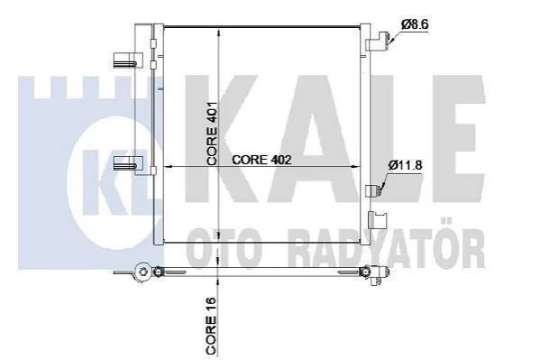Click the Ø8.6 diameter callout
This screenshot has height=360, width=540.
pyautogui.click(x=415, y=25)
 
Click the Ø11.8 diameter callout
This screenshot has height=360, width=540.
pyautogui.click(x=405, y=165)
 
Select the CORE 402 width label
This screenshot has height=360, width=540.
pyautogui.click(x=261, y=160)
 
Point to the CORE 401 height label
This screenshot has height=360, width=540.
pyautogui.click(x=212, y=134)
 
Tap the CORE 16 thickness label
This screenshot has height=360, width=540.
pyautogui.click(x=211, y=326)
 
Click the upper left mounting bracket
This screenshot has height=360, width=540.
pyautogui.click(x=128, y=60)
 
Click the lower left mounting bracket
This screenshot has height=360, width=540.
pyautogui.click(x=128, y=163)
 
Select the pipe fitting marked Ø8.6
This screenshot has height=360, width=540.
pyautogui.click(x=379, y=42)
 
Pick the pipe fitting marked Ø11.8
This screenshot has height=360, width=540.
pyautogui.click(x=374, y=190)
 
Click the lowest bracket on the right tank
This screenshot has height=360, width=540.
pyautogui.click(x=378, y=219)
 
